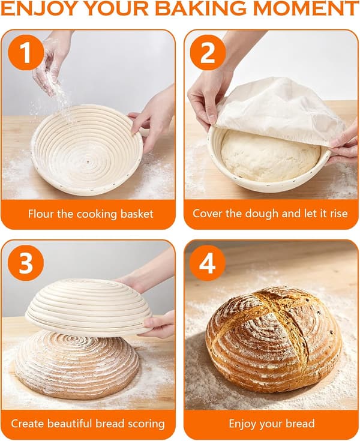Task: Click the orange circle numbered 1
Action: (x=26, y=52)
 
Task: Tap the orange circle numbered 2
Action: (x=208, y=52)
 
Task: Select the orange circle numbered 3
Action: (x=26, y=263)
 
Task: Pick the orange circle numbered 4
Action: (x=208, y=263)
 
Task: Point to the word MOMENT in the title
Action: (x=306, y=8)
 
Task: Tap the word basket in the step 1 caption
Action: (x=137, y=214)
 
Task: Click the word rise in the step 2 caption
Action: (x=339, y=214)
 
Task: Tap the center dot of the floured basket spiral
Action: (x=88, y=162)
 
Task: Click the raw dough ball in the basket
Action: (x=269, y=155)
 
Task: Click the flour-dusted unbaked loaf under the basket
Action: (x=77, y=365)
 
